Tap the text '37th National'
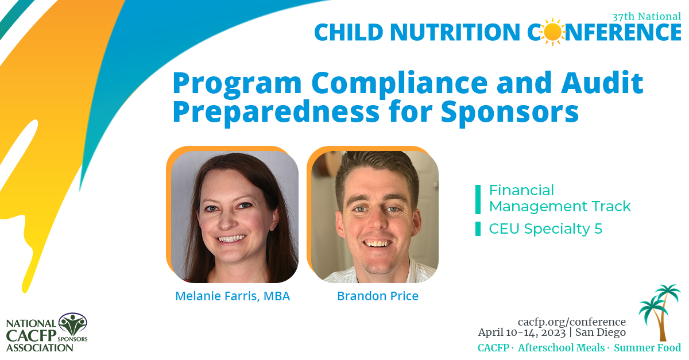tap(646, 16)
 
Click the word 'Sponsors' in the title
tap(510, 113)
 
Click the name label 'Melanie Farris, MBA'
tap(233, 296)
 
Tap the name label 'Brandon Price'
tap(378, 296)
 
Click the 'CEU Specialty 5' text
tap(545, 229)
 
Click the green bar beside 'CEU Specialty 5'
tap(478, 229)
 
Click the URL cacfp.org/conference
tap(572, 322)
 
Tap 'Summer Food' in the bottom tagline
tap(648, 348)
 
